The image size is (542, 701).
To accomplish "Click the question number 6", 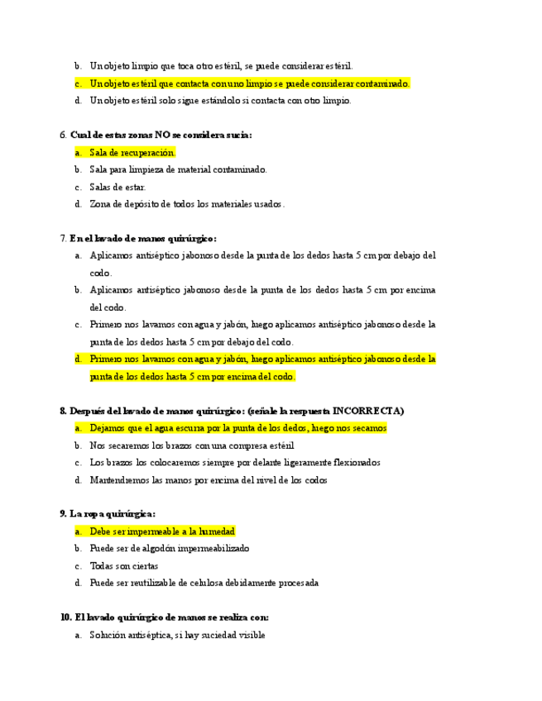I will click(x=63, y=135).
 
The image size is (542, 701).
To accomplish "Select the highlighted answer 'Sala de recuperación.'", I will click(x=132, y=152).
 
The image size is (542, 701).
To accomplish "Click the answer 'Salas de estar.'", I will click(x=118, y=187).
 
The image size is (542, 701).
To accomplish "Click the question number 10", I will click(x=66, y=618).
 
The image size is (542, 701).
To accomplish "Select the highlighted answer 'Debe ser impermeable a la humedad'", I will click(x=162, y=532).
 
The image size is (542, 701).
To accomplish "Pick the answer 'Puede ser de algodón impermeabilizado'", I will click(x=170, y=549).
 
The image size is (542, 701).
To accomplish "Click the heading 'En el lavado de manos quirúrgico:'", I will click(x=143, y=238).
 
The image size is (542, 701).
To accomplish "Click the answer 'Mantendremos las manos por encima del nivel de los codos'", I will click(x=209, y=480).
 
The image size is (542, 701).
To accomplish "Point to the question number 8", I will click(x=63, y=411).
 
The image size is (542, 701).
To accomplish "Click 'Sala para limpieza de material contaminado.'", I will click(x=178, y=169).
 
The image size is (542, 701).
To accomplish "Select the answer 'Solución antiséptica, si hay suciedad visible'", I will click(x=177, y=635).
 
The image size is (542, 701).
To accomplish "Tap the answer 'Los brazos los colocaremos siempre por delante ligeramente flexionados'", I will click(x=235, y=463).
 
